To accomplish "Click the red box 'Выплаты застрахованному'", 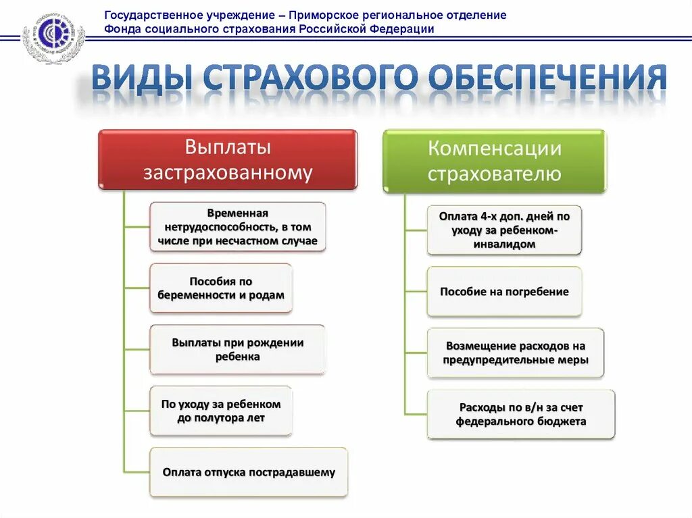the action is tap(228, 159).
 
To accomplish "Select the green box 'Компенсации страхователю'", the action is tap(495, 161).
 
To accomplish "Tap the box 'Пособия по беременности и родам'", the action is tap(221, 288).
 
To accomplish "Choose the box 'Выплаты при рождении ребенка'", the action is tap(237, 349).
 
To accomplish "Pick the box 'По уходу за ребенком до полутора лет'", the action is tap(221, 411).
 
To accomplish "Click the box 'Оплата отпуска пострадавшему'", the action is tap(249, 472).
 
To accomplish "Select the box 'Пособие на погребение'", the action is tap(504, 292).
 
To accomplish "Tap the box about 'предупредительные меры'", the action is tap(515, 353).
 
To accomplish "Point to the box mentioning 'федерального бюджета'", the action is tap(521, 414).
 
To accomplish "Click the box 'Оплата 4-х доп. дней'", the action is tap(504, 230).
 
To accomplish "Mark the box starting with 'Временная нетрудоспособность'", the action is tap(237, 226).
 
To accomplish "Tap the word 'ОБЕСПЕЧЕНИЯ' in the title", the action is tap(549, 79).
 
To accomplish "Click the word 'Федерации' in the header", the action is tap(401, 29).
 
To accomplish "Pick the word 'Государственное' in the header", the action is tap(147, 15).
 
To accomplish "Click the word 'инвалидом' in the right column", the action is tap(505, 244).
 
